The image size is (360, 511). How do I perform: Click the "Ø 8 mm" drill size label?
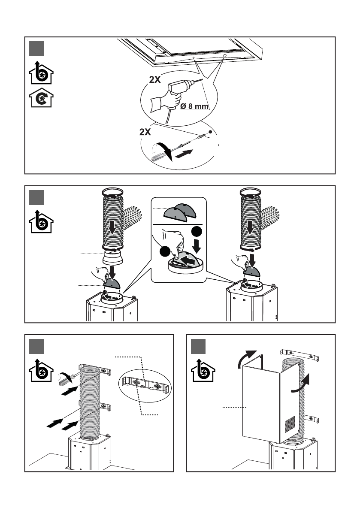click(x=194, y=106)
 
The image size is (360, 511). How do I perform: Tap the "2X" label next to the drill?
click(x=155, y=79)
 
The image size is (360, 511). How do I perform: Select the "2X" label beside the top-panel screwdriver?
click(x=145, y=132)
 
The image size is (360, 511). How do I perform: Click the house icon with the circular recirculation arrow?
click(x=41, y=98)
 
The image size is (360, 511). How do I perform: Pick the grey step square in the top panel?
click(x=36, y=48)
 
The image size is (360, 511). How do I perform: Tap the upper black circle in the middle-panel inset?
click(x=197, y=232)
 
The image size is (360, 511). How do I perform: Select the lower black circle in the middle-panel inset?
click(x=165, y=252)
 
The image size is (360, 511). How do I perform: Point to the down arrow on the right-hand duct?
click(x=250, y=227)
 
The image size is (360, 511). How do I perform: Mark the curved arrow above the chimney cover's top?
click(x=247, y=359)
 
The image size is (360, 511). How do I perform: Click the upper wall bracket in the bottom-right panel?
click(x=300, y=355)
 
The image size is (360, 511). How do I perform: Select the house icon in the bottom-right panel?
click(x=203, y=370)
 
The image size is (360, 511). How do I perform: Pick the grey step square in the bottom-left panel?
click(x=36, y=346)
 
